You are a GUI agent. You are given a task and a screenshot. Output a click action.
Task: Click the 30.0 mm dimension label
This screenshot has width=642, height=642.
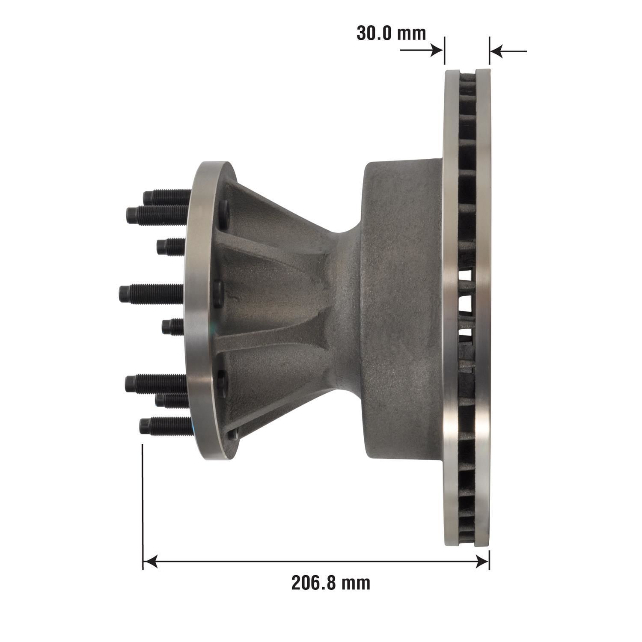point(391,33)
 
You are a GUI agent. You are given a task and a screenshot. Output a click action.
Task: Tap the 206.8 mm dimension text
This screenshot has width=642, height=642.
point(331,583)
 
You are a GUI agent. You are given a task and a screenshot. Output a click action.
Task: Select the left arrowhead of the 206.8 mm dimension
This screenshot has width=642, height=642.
point(150,562)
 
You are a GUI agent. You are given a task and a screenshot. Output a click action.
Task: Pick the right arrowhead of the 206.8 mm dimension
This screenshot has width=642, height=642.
point(481,562)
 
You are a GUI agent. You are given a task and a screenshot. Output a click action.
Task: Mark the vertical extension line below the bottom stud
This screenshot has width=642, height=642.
point(143,505)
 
